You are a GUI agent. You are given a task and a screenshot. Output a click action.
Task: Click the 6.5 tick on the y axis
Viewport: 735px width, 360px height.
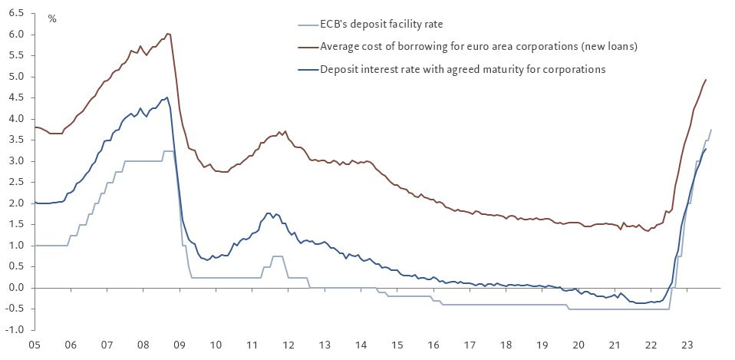(15, 14)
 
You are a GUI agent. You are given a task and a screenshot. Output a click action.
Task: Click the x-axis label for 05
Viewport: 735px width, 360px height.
(35, 345)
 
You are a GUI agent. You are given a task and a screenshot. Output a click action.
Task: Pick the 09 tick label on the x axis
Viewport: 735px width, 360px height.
(179, 345)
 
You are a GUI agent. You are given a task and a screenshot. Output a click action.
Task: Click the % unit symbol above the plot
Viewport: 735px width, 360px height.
(52, 18)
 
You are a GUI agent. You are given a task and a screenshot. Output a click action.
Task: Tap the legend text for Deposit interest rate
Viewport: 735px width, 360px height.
(463, 69)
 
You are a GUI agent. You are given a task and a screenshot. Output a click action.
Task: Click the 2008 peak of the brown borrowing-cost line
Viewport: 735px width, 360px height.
(168, 34)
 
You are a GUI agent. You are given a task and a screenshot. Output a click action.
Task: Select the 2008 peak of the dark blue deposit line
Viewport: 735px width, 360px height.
(167, 97)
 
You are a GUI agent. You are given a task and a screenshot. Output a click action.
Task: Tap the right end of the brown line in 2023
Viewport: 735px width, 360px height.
(706, 80)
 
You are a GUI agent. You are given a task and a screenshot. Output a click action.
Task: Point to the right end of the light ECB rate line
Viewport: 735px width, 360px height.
(711, 130)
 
